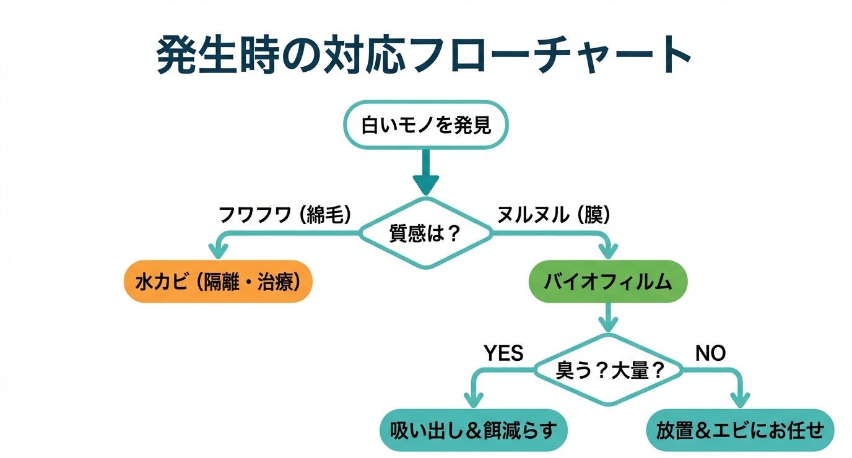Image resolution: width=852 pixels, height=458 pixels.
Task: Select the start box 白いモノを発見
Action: pos(425,125)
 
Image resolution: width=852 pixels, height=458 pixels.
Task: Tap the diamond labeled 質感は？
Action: pos(426,234)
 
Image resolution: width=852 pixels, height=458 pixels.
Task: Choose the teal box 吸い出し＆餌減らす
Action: pos(474,430)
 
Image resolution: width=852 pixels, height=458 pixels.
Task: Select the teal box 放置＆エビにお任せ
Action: pos(740,430)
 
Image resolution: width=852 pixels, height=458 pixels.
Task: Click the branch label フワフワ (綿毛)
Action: pos(285,215)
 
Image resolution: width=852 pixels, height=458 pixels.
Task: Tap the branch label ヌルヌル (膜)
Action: pos(554,215)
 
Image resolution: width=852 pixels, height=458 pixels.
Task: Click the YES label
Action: pos(503,353)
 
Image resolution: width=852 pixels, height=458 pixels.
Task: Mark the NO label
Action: pos(710,353)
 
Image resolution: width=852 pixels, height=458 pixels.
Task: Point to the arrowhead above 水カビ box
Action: pos(218,251)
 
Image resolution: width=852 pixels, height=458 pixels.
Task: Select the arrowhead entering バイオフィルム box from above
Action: pos(608,251)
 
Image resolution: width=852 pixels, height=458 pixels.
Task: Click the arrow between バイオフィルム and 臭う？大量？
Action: pos(608,318)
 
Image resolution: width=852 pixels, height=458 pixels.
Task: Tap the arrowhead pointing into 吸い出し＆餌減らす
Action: pos(474,399)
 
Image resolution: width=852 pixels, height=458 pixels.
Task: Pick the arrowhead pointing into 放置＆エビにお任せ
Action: pos(740,399)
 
